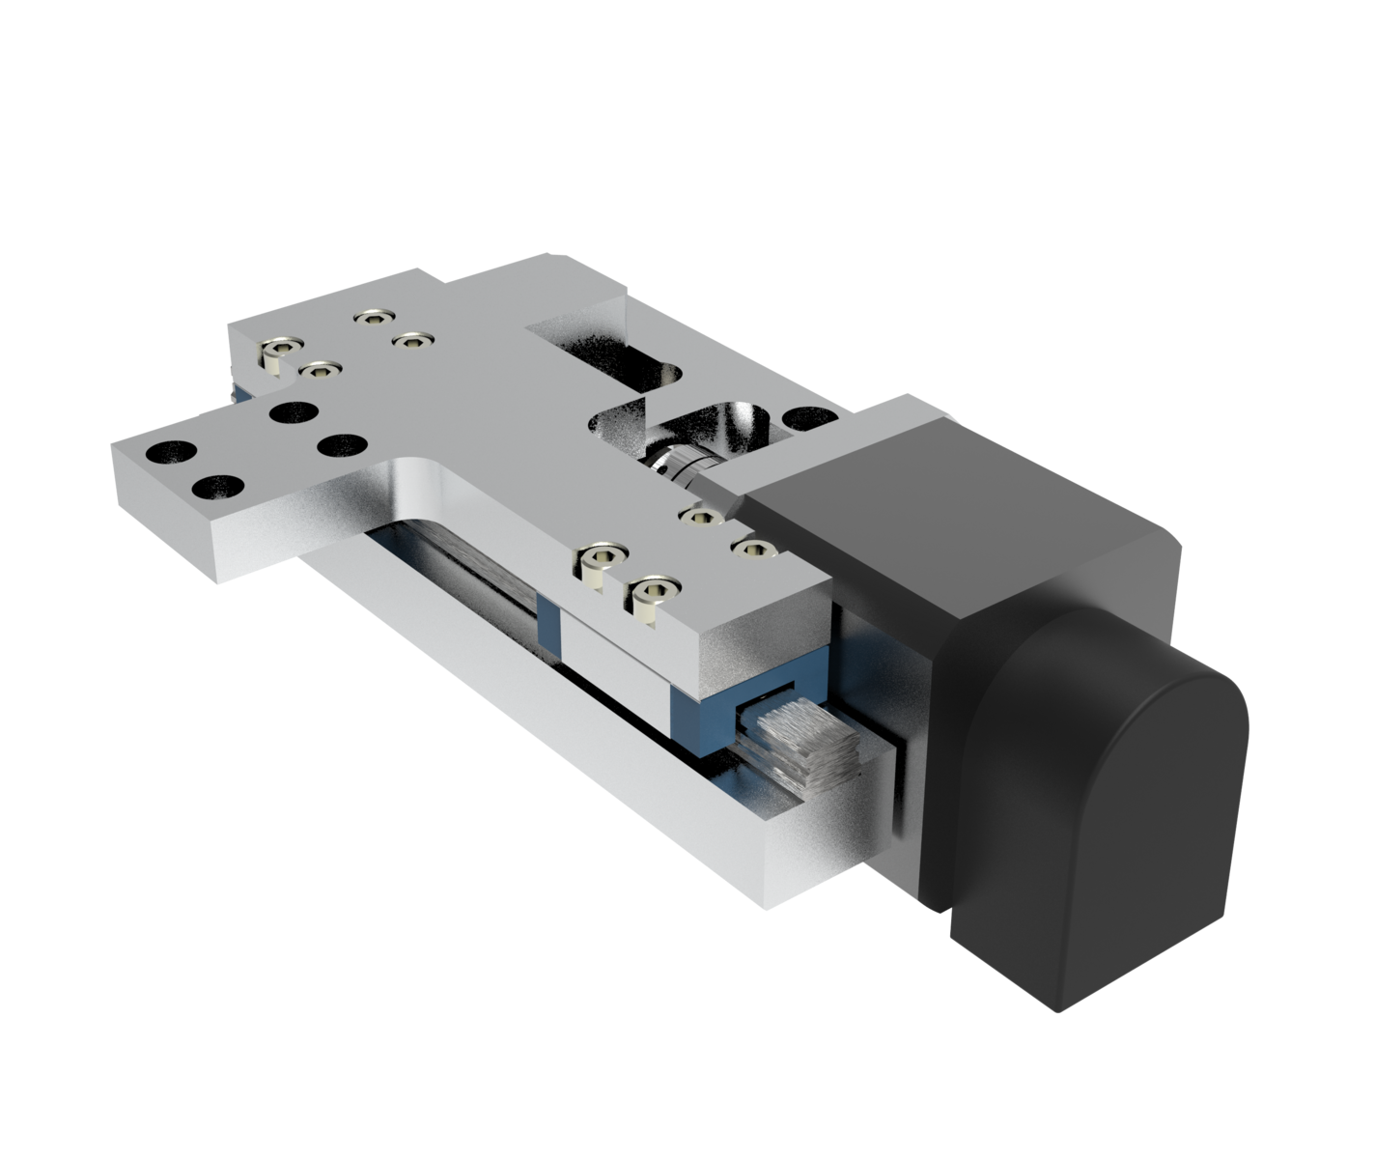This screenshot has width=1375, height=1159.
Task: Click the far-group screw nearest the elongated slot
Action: [412, 340]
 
